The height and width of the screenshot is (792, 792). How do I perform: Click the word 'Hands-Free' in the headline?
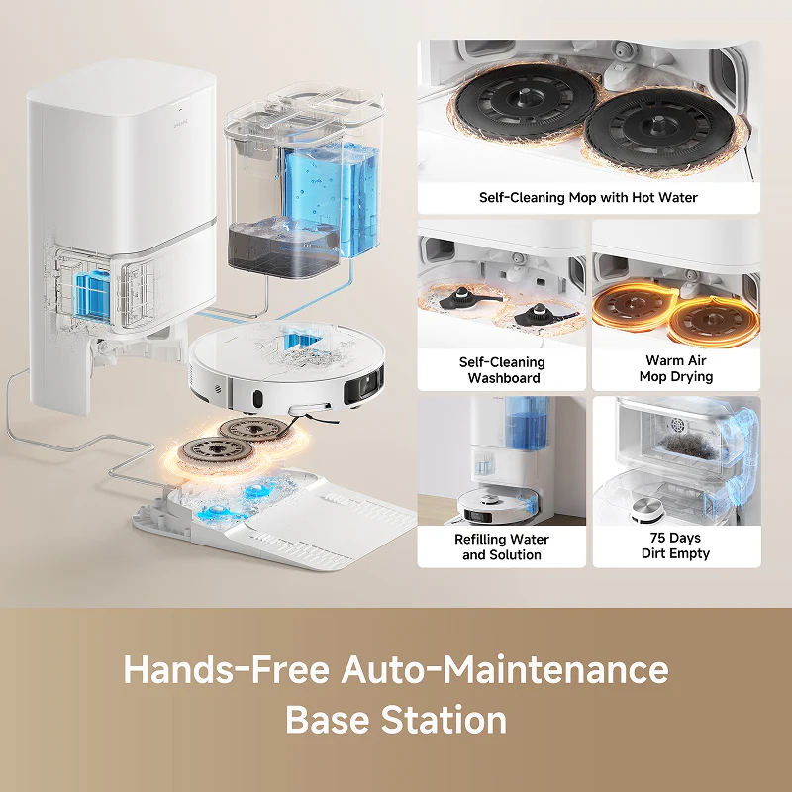click(227, 669)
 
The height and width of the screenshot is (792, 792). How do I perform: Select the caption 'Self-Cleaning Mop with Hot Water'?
click(588, 197)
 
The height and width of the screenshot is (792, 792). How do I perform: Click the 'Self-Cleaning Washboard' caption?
click(502, 370)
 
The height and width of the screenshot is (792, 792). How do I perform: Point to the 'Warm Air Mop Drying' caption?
click(676, 368)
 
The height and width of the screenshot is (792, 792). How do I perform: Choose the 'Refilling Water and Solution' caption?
click(502, 547)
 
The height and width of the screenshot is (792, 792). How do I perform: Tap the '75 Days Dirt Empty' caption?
click(675, 545)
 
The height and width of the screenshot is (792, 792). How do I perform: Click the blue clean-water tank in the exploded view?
click(331, 197)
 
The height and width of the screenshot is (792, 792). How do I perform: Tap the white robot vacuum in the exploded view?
click(286, 367)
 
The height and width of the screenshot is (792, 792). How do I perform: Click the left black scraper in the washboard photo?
click(466, 299)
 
